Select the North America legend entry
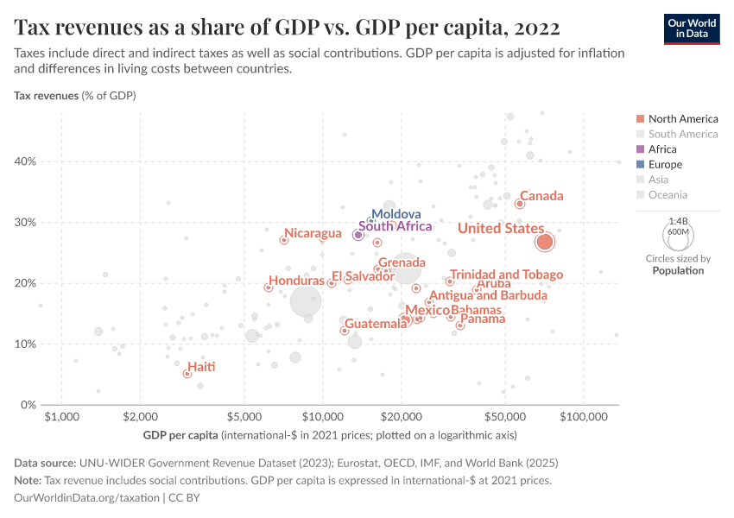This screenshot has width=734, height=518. [x=682, y=118]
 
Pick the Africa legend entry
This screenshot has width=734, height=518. [x=662, y=149]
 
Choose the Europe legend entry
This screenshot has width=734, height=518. [x=665, y=164]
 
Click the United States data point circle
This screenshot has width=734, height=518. [x=544, y=242]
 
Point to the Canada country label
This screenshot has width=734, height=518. [x=541, y=196]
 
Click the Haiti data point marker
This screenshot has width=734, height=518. [x=187, y=374]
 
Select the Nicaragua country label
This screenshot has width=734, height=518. [x=313, y=233]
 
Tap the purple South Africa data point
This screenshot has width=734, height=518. [x=358, y=235]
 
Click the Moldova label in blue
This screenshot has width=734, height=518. [x=395, y=214]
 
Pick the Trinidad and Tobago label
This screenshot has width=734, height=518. [x=506, y=275]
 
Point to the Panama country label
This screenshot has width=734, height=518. [x=483, y=319]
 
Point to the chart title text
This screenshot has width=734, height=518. [x=287, y=28]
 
